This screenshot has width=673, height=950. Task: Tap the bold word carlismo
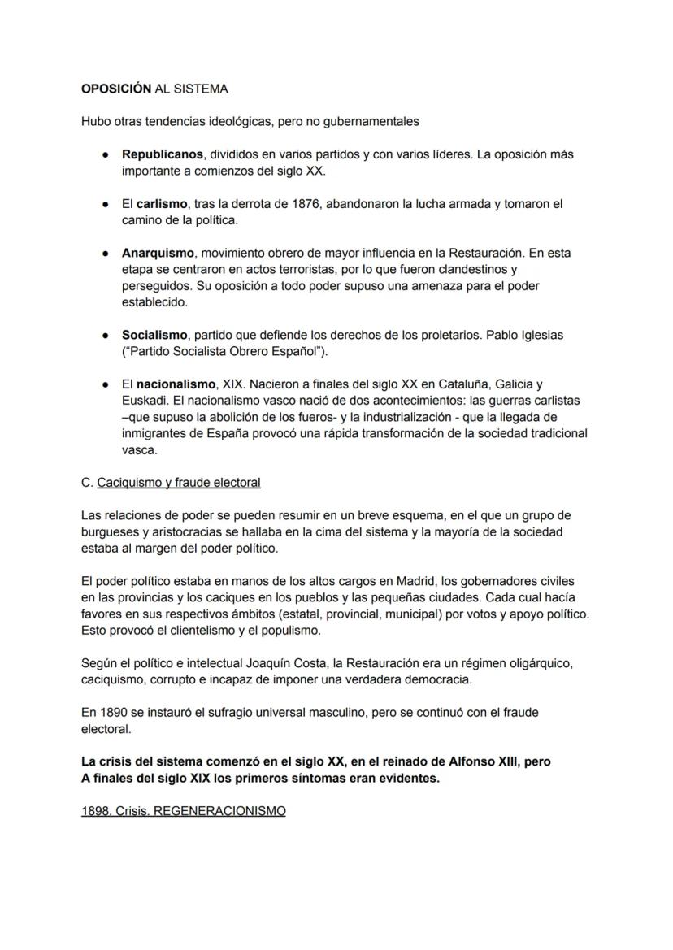pyautogui.click(x=162, y=204)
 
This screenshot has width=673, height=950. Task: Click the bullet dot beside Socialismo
pyautogui.click(x=106, y=335)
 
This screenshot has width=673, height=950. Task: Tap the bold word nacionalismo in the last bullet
pyautogui.click(x=176, y=384)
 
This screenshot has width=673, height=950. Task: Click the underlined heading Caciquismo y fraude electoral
pyautogui.click(x=179, y=483)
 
